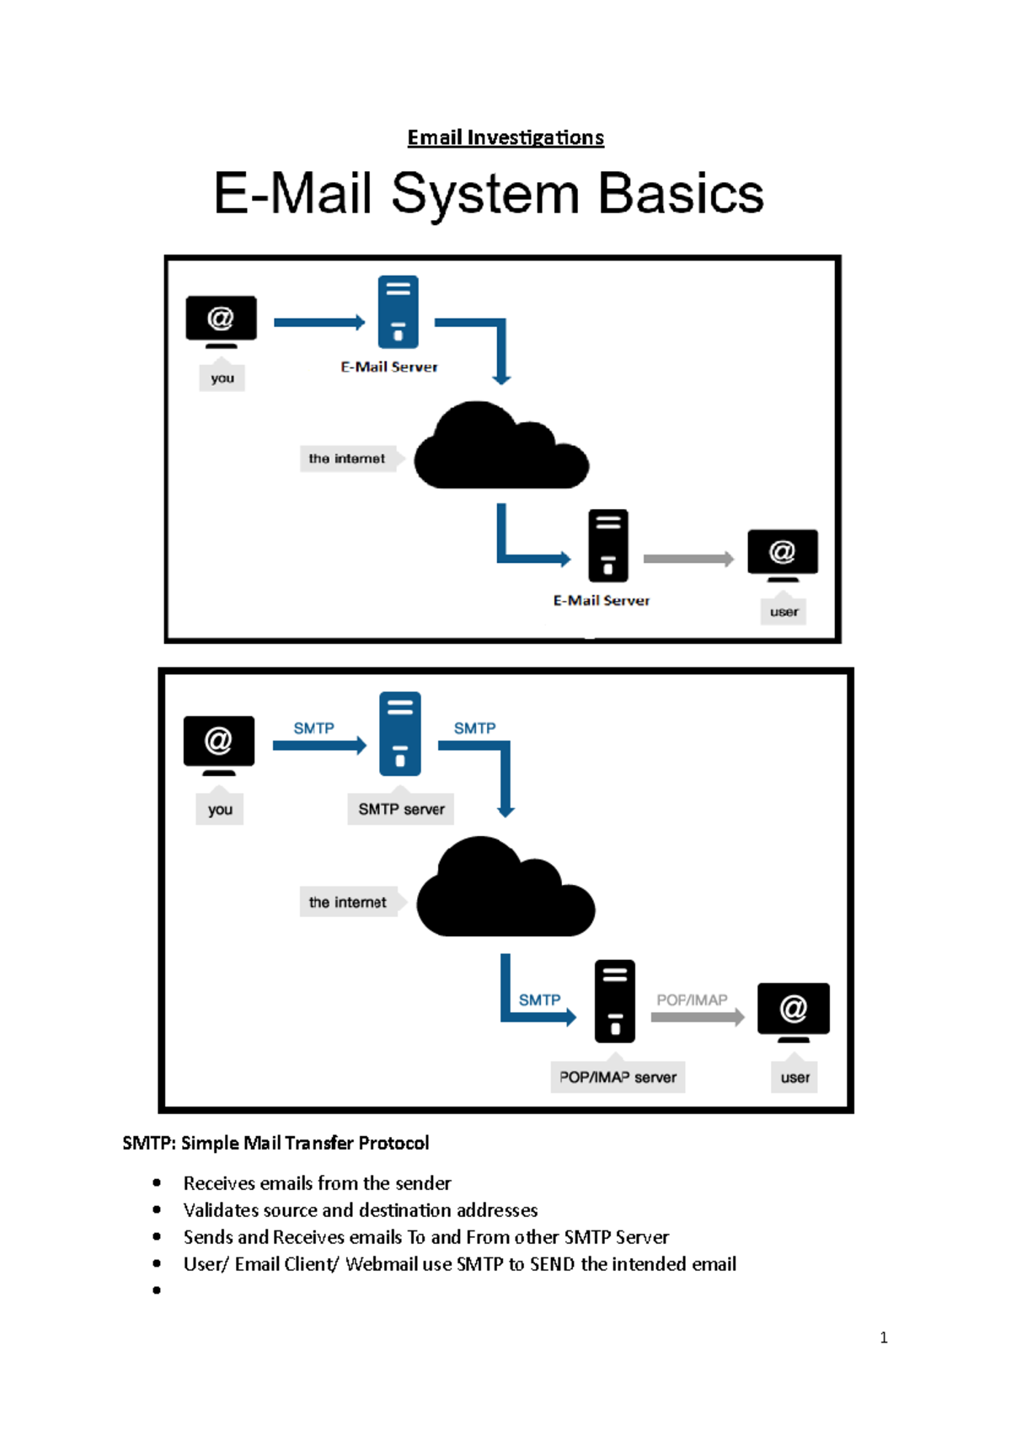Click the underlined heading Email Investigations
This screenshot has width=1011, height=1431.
coord(505,137)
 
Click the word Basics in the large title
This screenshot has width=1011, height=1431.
coord(681,194)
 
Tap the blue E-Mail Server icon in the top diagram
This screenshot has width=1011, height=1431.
coord(399,312)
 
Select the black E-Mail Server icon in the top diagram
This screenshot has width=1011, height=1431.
coord(608,545)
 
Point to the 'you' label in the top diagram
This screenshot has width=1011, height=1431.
coord(222,378)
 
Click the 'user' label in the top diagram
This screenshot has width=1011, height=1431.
coord(784,612)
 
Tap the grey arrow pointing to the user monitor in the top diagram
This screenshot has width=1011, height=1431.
coord(688,559)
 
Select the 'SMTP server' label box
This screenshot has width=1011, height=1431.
coord(401,809)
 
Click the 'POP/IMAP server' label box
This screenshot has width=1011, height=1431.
coord(618,1077)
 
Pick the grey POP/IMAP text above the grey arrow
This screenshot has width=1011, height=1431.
coord(692,1000)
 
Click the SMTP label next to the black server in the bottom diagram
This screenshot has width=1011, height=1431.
coord(539,1000)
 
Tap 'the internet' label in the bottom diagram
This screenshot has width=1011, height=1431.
coord(348,902)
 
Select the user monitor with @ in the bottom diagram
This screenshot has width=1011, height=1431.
coord(793,1009)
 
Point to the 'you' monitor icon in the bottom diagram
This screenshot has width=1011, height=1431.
coord(219,742)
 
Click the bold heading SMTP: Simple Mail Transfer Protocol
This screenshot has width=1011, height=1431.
coord(275,1143)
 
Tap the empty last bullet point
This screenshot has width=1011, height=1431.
coord(157,1290)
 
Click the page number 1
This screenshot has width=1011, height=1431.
coord(883,1337)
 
